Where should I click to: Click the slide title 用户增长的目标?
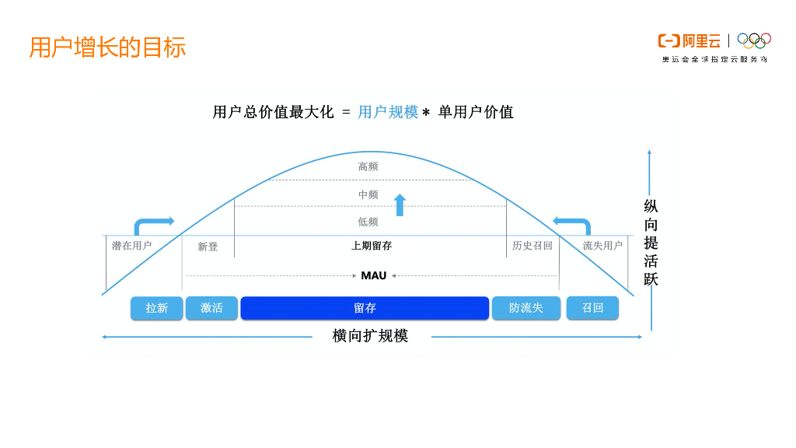pos(107,47)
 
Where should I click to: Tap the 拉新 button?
pos(157,308)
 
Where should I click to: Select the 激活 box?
pos(211,308)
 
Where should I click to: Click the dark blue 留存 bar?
pos(365,308)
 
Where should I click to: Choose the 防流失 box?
pos(525,308)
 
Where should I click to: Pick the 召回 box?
pos(592,308)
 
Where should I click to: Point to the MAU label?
pos(374,275)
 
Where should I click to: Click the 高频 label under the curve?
pos(368,166)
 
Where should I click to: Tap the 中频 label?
pos(368,194)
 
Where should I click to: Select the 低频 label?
pos(368,222)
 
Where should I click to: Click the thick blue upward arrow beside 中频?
pos(400,205)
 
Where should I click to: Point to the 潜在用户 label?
pos(131,246)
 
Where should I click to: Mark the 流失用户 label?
pos(602,246)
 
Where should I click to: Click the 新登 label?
pos(208,247)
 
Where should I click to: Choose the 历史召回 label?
pos(532,246)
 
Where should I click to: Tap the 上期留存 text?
pos(372,246)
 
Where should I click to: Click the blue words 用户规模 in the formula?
pos(388,112)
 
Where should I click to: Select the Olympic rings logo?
pos(753,40)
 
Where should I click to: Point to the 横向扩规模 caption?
pos(370,336)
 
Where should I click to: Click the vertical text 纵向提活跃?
pos(651,243)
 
